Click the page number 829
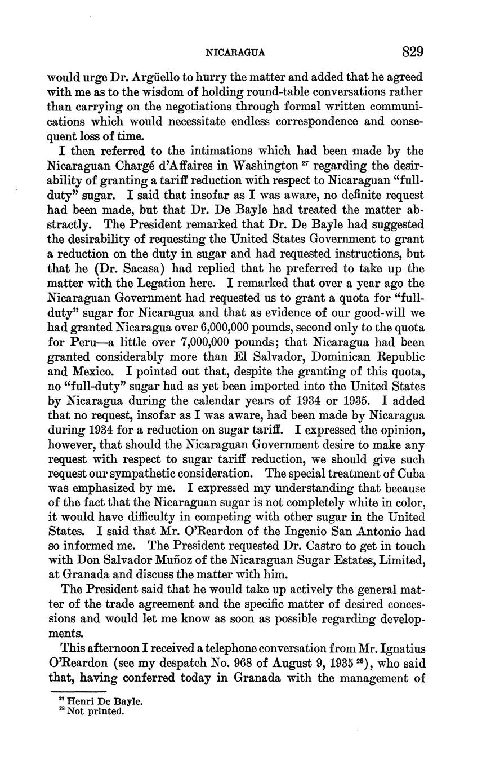click(412, 52)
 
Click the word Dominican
click(326, 357)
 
